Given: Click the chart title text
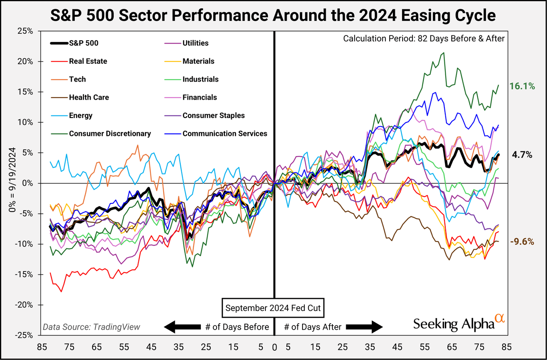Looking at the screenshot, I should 273,16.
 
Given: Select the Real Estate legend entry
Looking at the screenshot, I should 88,61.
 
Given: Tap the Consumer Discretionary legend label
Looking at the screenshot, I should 110,133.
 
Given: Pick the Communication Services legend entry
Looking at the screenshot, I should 225,133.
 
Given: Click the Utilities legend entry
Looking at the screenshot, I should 195,43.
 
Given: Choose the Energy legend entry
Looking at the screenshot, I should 81,115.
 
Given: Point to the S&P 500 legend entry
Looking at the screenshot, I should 85,43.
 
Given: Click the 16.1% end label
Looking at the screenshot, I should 522,86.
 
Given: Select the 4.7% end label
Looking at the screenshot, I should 522,155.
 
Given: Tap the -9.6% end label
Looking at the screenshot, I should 522,242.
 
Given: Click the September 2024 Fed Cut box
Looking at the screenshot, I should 273,308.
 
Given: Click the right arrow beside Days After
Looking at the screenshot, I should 365,327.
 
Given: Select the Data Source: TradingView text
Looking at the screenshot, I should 91,328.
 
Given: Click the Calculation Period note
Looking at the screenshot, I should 424,38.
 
